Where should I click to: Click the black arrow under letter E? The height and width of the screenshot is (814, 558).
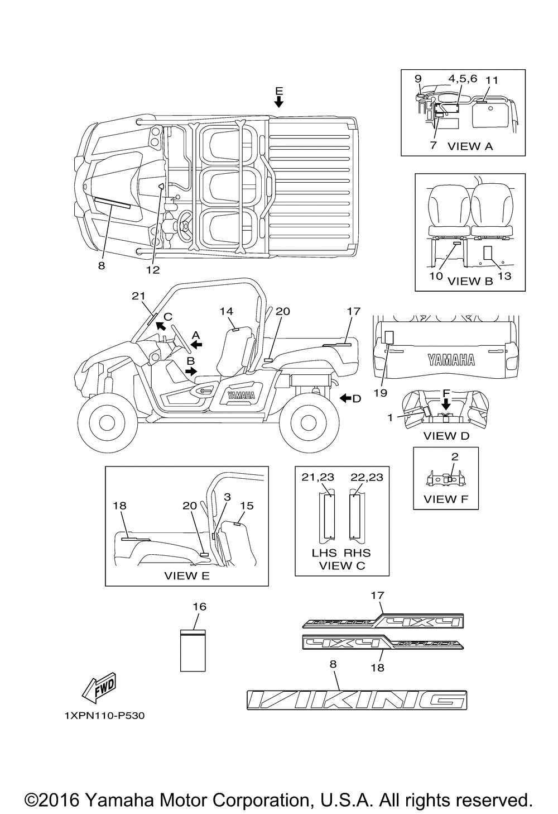(279, 101)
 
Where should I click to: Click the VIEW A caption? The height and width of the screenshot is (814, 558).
(470, 146)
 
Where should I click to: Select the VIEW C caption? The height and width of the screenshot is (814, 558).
(341, 565)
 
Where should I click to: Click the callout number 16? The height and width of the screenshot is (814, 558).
(199, 606)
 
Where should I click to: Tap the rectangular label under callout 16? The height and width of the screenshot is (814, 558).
(193, 650)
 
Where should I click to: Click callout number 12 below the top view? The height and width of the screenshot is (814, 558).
(153, 270)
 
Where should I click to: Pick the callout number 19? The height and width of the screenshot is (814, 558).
(381, 393)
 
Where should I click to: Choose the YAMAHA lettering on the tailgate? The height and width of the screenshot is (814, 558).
(451, 360)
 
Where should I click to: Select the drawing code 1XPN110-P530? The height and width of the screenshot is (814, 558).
(104, 716)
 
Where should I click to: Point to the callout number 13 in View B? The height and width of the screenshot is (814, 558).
(504, 276)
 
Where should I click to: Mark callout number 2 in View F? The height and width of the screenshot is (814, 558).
(455, 456)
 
